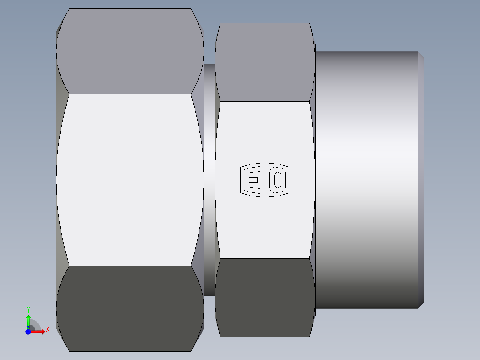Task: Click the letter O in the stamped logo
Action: click(278, 180)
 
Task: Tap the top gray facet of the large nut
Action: click(130, 51)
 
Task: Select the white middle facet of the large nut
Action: click(130, 180)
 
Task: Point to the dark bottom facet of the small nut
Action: click(264, 298)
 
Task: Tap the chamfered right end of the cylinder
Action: click(421, 180)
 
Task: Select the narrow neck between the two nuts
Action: click(209, 180)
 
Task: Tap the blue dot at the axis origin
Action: click(28, 331)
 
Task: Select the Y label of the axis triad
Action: click(28, 310)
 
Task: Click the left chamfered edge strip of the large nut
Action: click(60, 180)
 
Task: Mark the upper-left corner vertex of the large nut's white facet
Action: click(69, 94)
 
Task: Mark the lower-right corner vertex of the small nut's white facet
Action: click(310, 258)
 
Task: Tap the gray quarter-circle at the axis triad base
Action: click(36, 325)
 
